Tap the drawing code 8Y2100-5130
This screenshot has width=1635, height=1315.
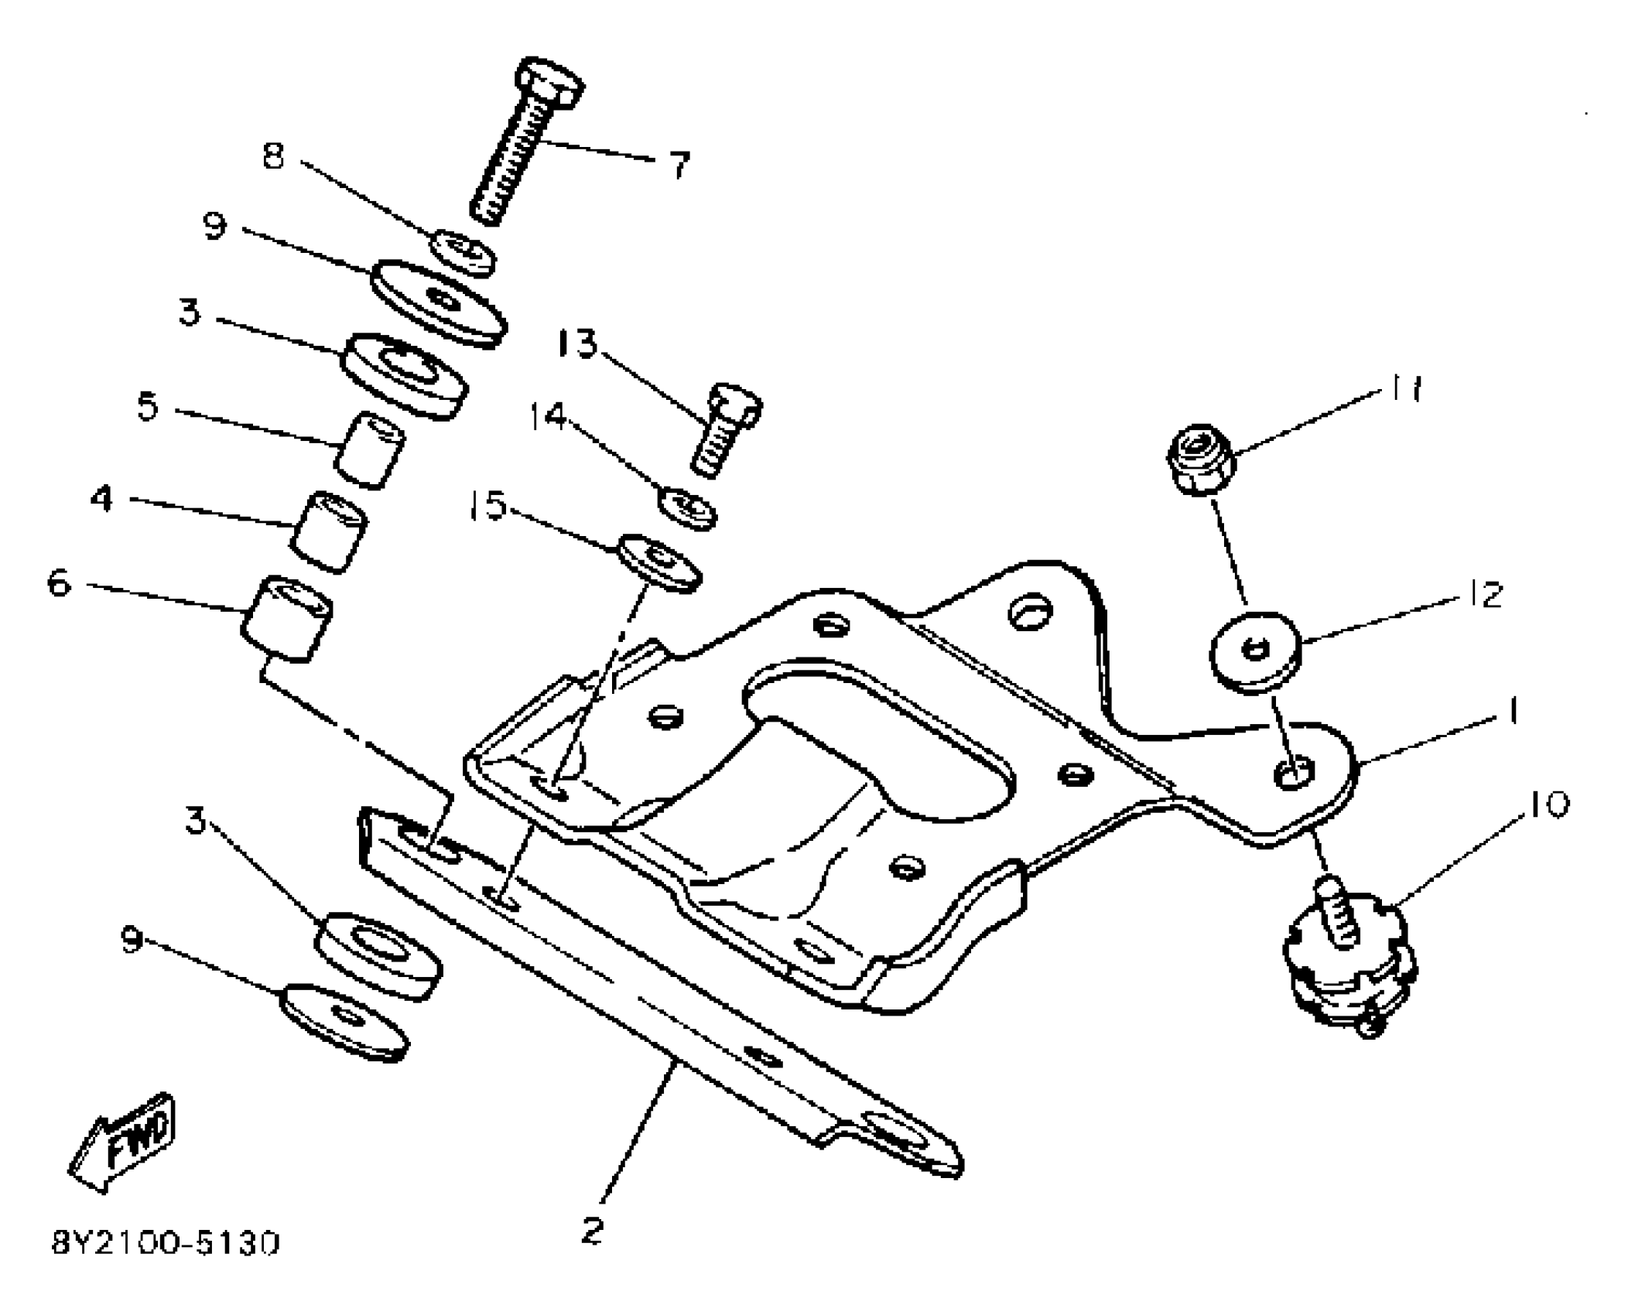coord(166,1243)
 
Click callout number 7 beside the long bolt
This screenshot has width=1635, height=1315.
coord(679,165)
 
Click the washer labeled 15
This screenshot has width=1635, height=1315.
coord(659,562)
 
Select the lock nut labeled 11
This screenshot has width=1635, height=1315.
coord(1200,459)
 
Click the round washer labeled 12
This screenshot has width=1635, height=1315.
coord(1255,648)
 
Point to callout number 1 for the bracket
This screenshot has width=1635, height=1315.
coord(1512,712)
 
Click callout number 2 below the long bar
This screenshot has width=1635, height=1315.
coord(592,1230)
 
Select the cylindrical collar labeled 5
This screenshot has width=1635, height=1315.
coord(370,451)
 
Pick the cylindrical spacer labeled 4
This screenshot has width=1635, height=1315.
coord(329,531)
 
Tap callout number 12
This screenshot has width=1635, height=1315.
coord(1483,595)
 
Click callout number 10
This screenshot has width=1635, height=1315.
coord(1548,804)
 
